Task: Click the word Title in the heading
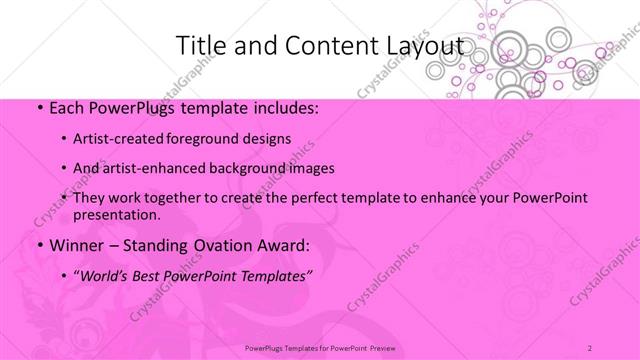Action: pyautogui.click(x=201, y=46)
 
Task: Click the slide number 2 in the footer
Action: pyautogui.click(x=590, y=348)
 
